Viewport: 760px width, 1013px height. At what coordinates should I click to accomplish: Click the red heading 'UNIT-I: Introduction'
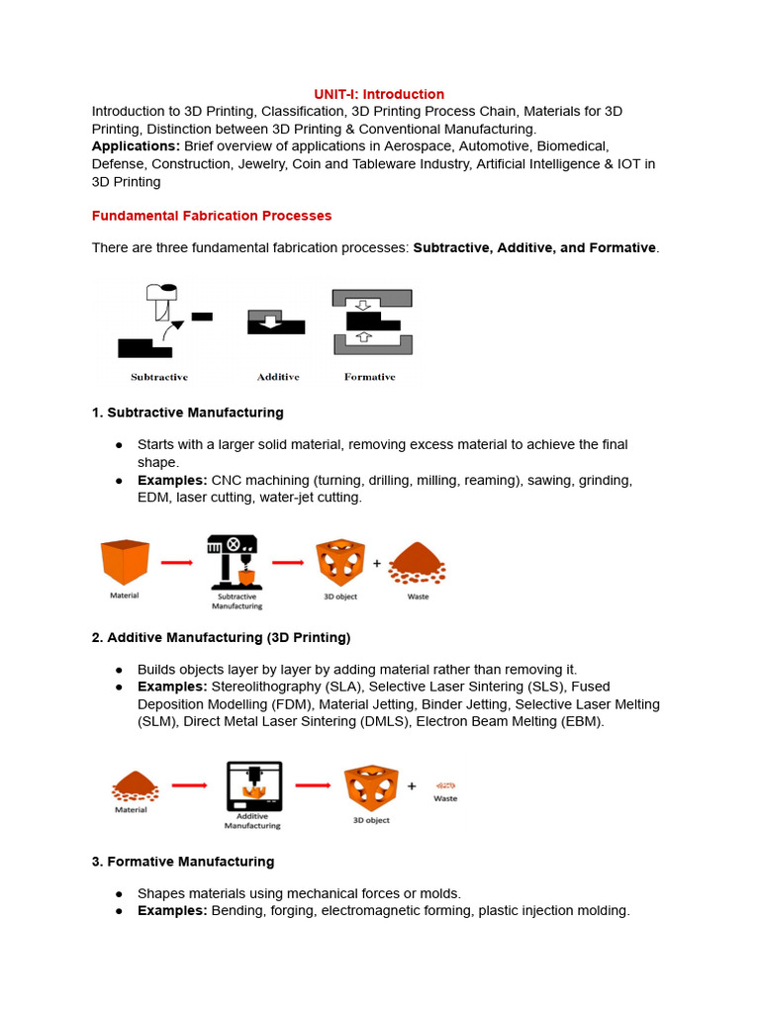[379, 94]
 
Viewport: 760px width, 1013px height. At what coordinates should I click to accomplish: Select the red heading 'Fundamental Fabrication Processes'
[212, 216]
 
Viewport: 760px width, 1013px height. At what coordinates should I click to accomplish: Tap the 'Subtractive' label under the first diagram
[159, 377]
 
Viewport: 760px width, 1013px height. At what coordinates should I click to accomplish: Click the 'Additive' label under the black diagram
[277, 377]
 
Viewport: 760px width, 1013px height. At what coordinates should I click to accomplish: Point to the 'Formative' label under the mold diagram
[369, 377]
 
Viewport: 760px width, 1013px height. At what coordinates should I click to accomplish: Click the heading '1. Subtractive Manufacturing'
[187, 413]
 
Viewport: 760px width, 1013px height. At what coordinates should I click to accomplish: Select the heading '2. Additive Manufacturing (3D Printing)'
[221, 637]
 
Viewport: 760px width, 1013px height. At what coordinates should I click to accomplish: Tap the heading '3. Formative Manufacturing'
[183, 862]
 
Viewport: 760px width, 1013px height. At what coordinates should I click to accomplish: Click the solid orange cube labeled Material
[125, 562]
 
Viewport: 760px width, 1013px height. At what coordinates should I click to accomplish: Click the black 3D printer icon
[254, 785]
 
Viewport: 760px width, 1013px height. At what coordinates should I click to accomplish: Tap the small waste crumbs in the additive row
[445, 785]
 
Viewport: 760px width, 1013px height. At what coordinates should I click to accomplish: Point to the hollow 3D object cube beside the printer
[370, 787]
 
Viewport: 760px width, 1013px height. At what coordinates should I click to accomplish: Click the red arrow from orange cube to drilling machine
[176, 562]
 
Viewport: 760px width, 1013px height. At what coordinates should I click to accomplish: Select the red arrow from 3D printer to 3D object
[312, 786]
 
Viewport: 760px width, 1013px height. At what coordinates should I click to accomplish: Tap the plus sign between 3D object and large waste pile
[376, 563]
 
